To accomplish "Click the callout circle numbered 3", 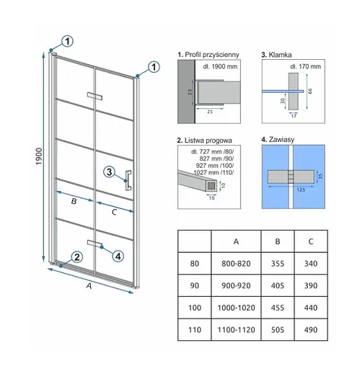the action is [x=109, y=172].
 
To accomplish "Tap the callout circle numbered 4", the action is [x=118, y=257].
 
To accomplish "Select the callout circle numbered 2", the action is [x=77, y=257].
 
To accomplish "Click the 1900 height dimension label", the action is [x=39, y=156].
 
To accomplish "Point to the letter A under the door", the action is [x=89, y=286].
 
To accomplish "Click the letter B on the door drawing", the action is [x=74, y=201].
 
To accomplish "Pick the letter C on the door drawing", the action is [x=114, y=212].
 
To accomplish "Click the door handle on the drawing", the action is [x=128, y=180].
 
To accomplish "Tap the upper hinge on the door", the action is [x=95, y=96].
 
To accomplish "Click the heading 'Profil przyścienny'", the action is [x=212, y=55].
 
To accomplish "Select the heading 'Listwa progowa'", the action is [x=208, y=141].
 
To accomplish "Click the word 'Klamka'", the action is [x=280, y=55].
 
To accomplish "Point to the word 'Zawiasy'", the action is [x=281, y=140].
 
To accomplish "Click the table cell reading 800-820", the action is [x=236, y=264].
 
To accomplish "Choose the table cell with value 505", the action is [x=278, y=330].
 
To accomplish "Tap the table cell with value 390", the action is [x=311, y=285].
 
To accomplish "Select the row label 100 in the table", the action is [x=195, y=308].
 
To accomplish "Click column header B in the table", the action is [x=278, y=241].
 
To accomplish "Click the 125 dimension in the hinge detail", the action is [x=301, y=190].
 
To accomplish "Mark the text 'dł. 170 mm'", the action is [x=305, y=66].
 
